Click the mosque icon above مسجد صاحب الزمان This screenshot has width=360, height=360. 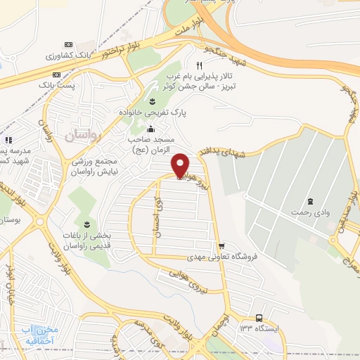click(150, 129)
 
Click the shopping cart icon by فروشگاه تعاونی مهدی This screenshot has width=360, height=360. click(222, 246)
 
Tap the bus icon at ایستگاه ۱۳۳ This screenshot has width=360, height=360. click(259, 317)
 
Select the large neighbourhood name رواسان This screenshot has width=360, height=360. click(84, 134)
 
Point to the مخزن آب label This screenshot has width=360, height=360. click(47, 331)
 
